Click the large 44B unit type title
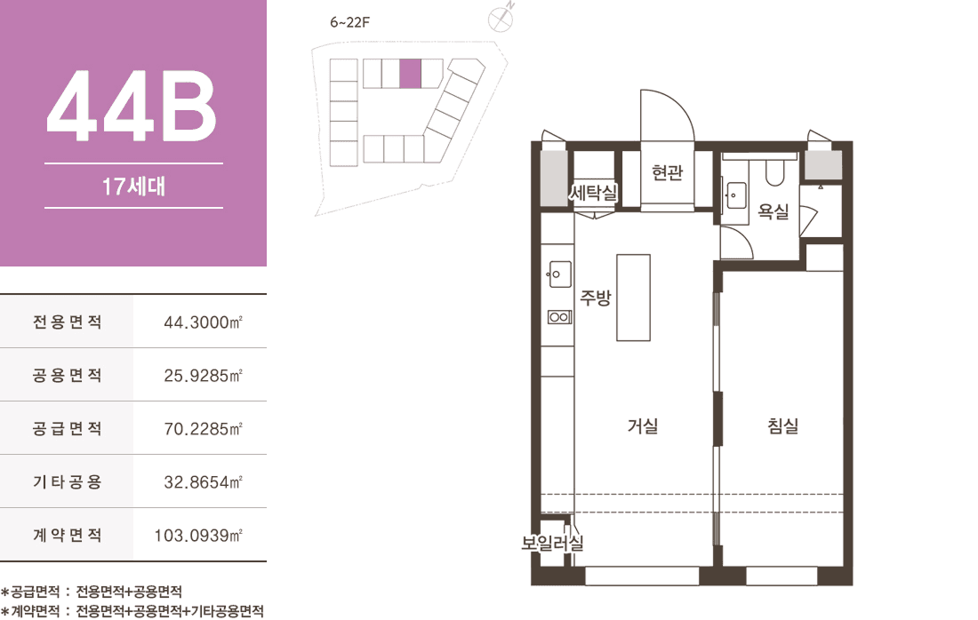[132, 105]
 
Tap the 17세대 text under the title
[133, 187]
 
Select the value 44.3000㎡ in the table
[203, 322]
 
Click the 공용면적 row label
[67, 375]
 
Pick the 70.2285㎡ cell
[203, 429]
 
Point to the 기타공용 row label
[67, 481]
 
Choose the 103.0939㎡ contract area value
[198, 536]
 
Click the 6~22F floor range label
[349, 22]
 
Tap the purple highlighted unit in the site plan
[411, 74]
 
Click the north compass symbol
[501, 18]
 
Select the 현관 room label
[668, 172]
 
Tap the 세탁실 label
[593, 192]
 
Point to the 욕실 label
[774, 212]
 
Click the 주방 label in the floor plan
[596, 298]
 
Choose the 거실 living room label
[643, 426]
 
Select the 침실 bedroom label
[782, 426]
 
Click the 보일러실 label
[553, 543]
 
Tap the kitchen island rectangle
[634, 298]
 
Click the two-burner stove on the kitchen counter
[559, 317]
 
